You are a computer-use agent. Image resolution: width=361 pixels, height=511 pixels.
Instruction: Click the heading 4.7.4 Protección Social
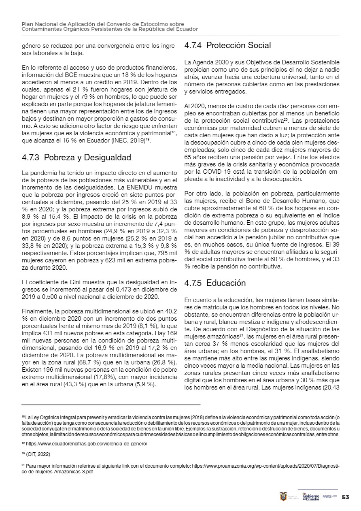click(x=227, y=45)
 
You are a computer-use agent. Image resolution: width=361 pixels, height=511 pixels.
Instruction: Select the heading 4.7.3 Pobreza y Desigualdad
click(x=76, y=157)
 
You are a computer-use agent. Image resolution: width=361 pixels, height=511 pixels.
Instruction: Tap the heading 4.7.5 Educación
click(x=215, y=283)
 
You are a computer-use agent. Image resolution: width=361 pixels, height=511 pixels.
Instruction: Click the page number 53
click(x=346, y=497)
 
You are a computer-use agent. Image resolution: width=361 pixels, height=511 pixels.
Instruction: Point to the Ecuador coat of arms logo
click(x=283, y=497)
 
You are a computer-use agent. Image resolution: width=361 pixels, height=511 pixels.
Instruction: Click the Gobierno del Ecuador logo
click(x=311, y=497)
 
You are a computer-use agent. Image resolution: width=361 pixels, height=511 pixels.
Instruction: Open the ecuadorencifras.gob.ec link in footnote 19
click(x=87, y=444)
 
